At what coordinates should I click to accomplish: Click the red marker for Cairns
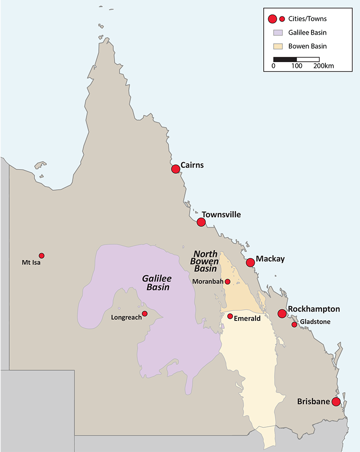[175, 169]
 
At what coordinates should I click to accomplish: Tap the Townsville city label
[221, 215]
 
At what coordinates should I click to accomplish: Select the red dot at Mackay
[250, 262]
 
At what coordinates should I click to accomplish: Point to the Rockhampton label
[314, 309]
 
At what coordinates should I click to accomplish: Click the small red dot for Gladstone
[294, 325]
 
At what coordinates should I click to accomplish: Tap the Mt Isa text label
[31, 262]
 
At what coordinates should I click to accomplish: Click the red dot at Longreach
[144, 313]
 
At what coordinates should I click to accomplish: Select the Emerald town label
[247, 318]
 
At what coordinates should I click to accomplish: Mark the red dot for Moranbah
[227, 282]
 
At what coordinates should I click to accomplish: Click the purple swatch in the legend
[277, 32]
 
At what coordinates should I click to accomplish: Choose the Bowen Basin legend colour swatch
[277, 46]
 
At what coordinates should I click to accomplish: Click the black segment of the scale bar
[285, 59]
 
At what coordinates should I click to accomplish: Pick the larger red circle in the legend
[272, 19]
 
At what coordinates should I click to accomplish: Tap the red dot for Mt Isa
[41, 255]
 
